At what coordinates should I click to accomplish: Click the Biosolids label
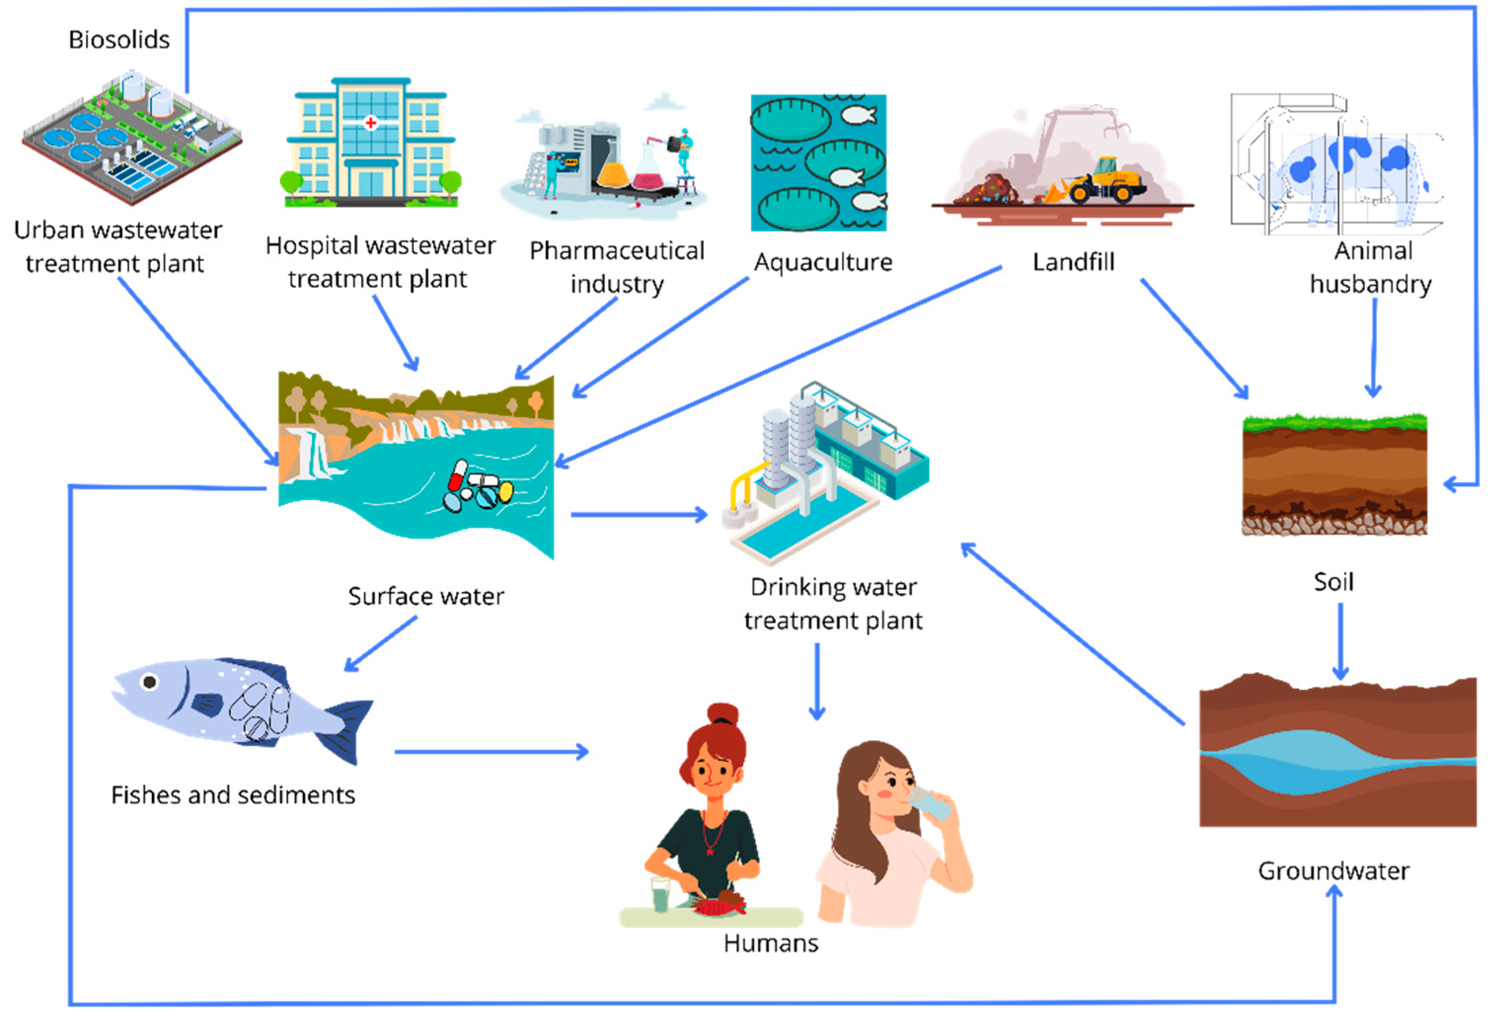click(119, 40)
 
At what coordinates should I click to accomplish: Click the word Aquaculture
click(823, 262)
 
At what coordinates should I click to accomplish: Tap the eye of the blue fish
click(150, 681)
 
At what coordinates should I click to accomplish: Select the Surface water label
click(426, 596)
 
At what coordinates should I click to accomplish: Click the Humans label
click(771, 943)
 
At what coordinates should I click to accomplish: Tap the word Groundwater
click(1334, 871)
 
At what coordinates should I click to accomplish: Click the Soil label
click(1334, 582)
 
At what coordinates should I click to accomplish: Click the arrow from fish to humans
click(490, 752)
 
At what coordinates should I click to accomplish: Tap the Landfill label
click(1073, 262)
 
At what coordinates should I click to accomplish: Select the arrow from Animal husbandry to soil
click(1374, 349)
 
